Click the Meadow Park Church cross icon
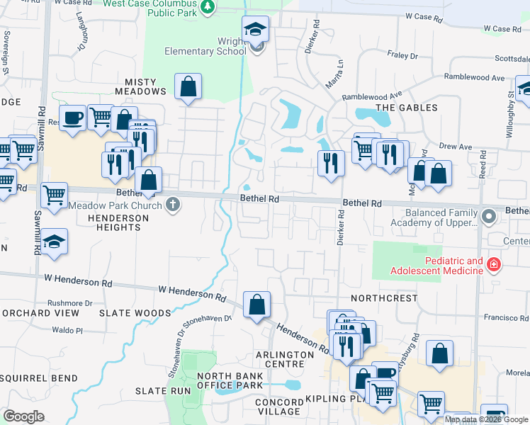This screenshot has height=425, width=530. click(173, 205)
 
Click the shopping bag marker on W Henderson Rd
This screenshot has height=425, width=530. click(256, 305)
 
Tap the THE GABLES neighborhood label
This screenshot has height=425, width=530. click(406, 108)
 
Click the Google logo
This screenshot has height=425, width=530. click(23, 416)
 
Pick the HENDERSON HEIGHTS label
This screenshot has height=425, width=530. click(118, 222)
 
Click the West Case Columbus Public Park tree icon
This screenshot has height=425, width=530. click(208, 8)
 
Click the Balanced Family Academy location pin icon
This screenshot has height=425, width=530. click(488, 215)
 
